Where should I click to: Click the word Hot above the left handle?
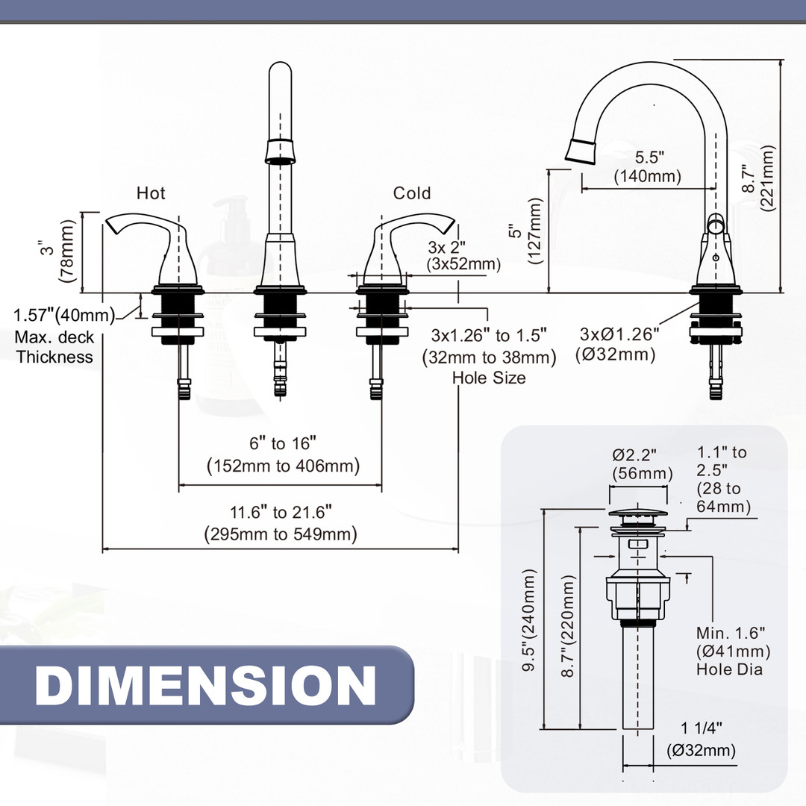[x=151, y=193]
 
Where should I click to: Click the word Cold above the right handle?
[x=412, y=193]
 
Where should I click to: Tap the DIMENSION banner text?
[x=205, y=685]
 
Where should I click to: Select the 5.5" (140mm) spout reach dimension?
[x=648, y=167]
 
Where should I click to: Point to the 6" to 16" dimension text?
[x=283, y=454]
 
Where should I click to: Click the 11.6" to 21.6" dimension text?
[x=280, y=523]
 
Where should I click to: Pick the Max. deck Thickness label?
[x=55, y=347]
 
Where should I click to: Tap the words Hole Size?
[x=489, y=378]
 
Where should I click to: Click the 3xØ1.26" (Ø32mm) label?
[x=620, y=344]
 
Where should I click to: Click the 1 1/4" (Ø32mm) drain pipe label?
[x=701, y=740]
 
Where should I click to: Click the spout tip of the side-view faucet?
[x=582, y=149]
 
